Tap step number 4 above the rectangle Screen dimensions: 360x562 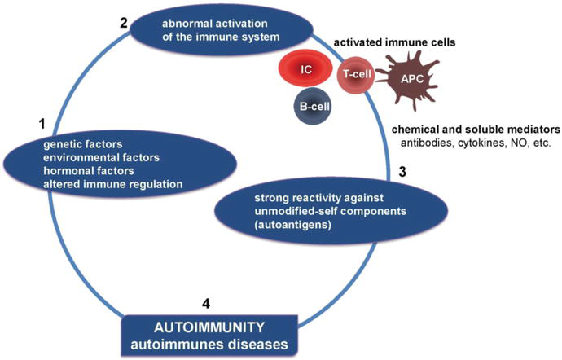205,305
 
